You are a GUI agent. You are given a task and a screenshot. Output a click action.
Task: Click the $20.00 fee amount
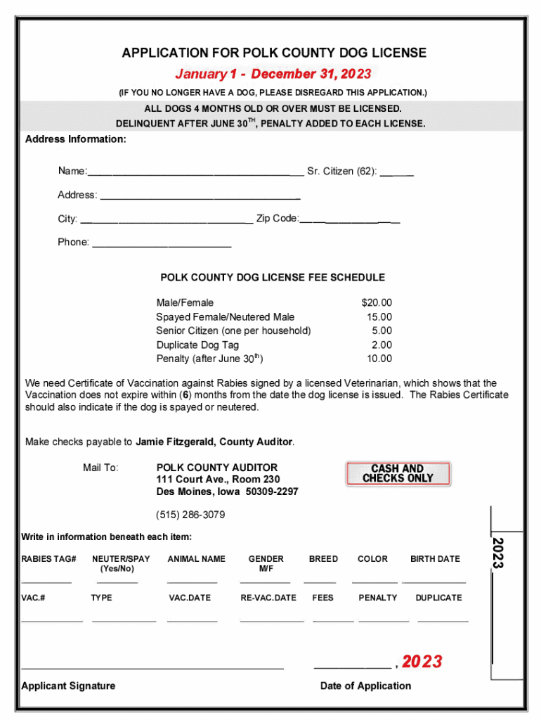(377, 302)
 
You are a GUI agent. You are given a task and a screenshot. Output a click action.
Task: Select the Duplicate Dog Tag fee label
(197, 345)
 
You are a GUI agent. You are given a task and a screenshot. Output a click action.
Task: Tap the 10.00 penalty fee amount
(379, 359)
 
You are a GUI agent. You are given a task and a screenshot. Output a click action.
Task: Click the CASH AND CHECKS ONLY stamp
(398, 473)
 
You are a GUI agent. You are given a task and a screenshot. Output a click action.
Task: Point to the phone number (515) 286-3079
(190, 515)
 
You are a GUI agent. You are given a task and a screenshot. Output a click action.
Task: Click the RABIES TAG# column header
(48, 559)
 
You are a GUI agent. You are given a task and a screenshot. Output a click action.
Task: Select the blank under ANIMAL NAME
(192, 581)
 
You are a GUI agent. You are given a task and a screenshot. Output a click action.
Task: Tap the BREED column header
(323, 559)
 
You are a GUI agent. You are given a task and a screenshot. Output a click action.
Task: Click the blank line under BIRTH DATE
(434, 581)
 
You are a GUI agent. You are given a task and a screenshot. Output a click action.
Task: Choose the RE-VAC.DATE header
(268, 598)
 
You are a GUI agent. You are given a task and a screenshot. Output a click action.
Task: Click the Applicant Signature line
(152, 666)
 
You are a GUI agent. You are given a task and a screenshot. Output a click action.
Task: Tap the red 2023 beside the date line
(422, 662)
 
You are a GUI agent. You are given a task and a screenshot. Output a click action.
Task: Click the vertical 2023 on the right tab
(498, 553)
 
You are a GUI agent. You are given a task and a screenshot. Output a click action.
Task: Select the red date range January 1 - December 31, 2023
(273, 75)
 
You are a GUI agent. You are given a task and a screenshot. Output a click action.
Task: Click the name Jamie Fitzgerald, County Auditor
(214, 442)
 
